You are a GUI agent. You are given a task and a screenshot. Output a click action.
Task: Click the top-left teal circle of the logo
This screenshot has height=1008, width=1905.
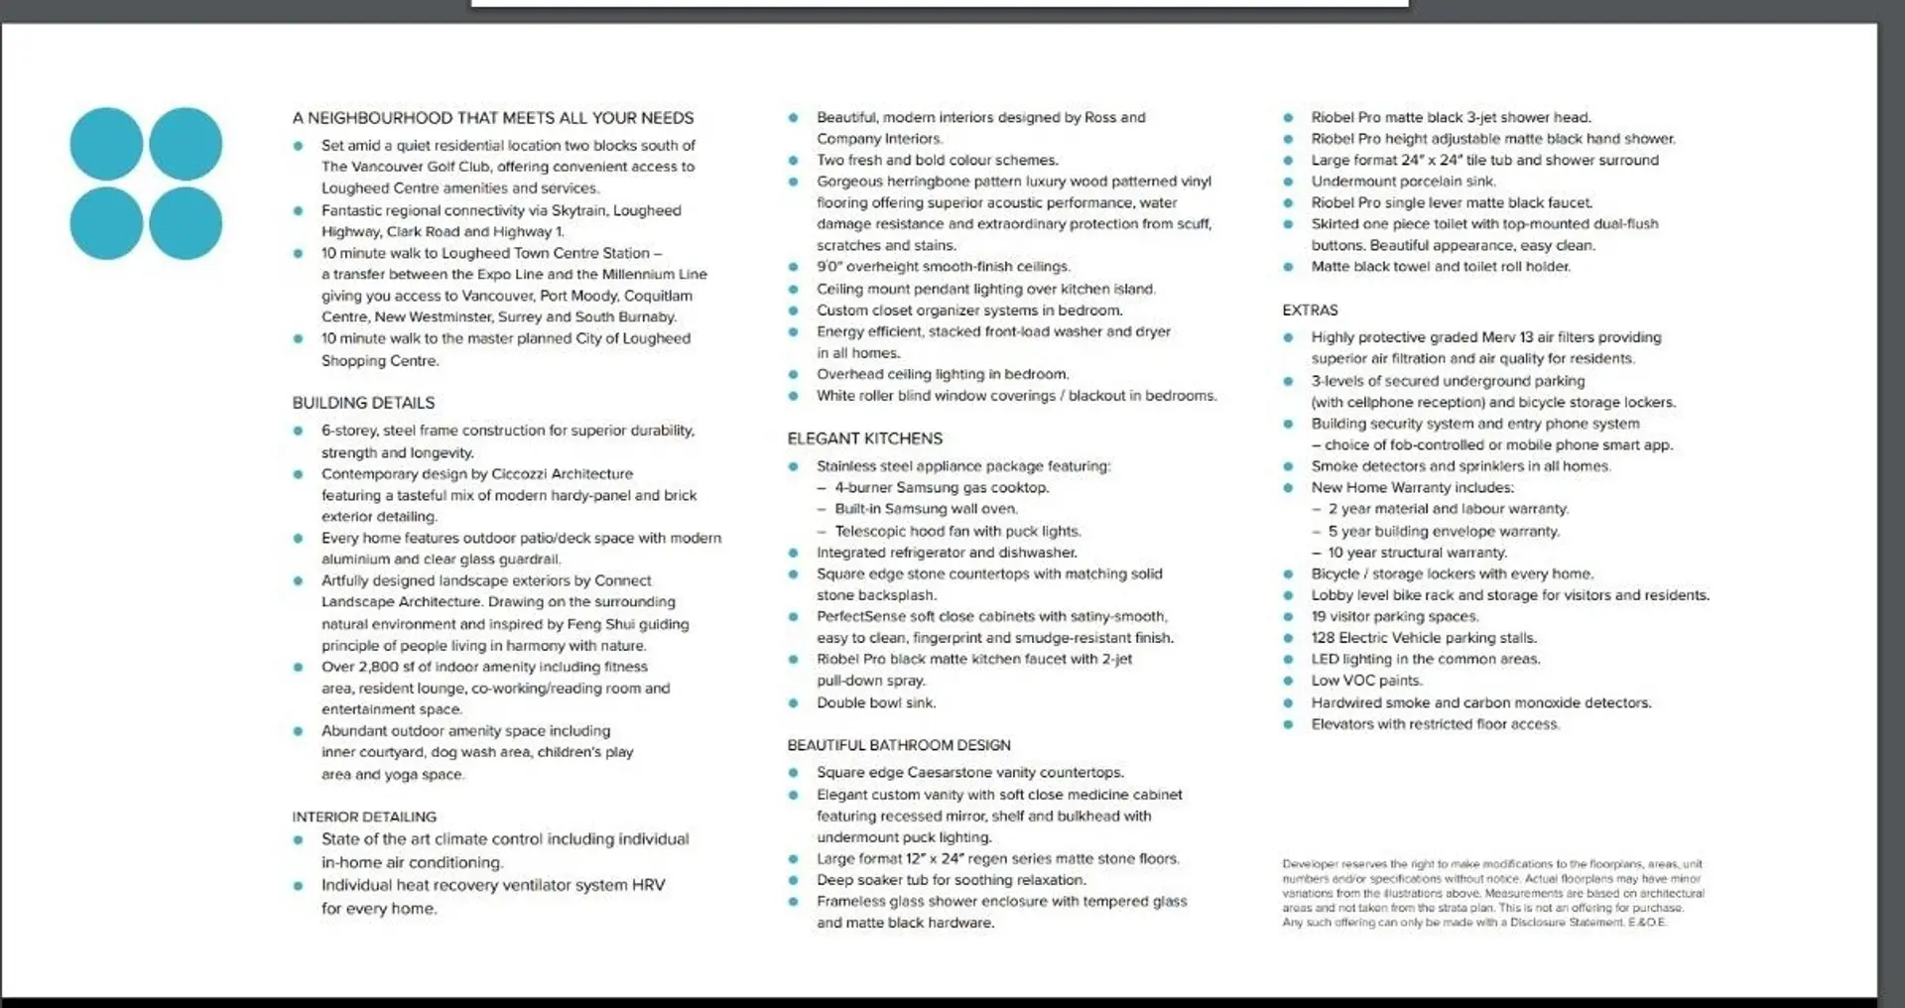[106, 144]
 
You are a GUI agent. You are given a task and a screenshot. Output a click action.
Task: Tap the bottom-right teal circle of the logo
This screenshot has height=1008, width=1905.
[186, 223]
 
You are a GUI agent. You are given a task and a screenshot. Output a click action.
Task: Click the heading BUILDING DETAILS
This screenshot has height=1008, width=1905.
[363, 403]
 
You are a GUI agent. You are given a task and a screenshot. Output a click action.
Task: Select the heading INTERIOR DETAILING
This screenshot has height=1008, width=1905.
[364, 817]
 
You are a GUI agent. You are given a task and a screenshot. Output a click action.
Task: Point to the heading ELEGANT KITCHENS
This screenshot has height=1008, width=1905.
[864, 439]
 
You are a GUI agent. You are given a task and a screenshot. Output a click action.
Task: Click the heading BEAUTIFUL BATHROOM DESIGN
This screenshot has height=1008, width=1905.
[899, 745]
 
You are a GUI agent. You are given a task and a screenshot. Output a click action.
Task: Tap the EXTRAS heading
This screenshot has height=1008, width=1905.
[1310, 311]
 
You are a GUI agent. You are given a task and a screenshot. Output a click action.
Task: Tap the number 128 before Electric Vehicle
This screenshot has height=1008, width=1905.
[1324, 638]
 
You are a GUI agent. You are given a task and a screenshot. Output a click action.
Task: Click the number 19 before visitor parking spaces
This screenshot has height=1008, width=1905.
[1319, 616]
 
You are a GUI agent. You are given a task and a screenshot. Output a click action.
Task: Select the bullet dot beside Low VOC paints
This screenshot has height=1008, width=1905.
[1288, 682]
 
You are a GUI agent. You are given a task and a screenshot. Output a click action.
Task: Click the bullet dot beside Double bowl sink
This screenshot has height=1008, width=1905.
[794, 703]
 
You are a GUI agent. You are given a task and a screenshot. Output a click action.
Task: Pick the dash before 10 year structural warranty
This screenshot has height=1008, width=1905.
[1317, 553]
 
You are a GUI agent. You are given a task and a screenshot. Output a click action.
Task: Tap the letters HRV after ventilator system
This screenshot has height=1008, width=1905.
[648, 885]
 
